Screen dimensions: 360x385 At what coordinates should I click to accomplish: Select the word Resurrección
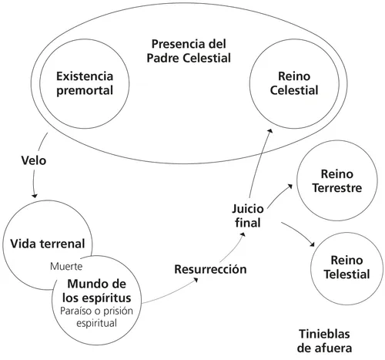(210, 270)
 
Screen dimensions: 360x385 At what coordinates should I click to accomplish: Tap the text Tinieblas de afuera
(325, 341)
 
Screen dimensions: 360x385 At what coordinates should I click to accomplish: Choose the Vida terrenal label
(45, 245)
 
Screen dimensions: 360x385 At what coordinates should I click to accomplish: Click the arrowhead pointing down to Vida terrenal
(34, 196)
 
